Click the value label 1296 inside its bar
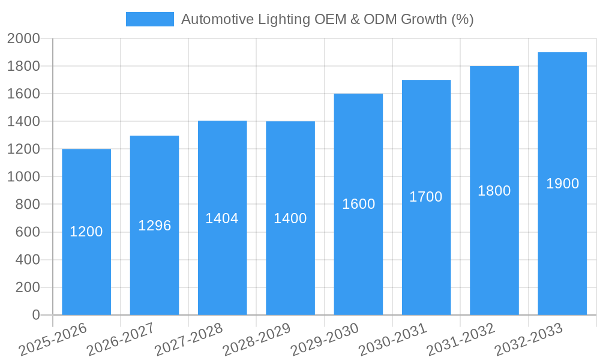click(154, 226)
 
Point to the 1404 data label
click(222, 218)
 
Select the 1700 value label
click(426, 197)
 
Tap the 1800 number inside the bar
click(494, 191)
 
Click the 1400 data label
click(290, 218)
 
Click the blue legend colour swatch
click(149, 19)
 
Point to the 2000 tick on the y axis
click(23, 39)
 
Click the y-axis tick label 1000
click(23, 177)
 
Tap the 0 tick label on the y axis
click(36, 315)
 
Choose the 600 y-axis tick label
click(27, 232)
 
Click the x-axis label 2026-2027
click(121, 339)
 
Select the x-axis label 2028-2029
click(257, 339)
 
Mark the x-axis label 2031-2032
click(461, 339)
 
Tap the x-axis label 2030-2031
click(393, 339)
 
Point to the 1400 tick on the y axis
click(23, 122)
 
